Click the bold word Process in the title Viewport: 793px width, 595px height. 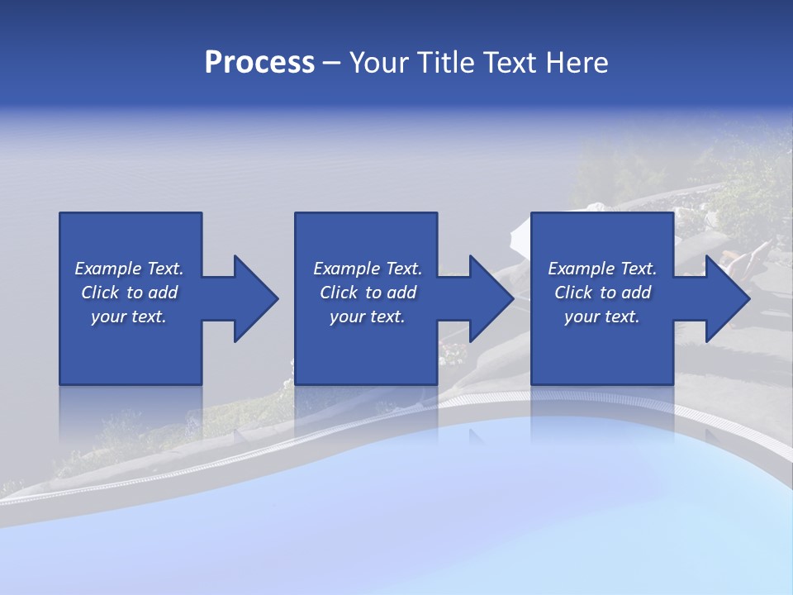[x=259, y=63]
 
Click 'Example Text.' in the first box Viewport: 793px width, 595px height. [x=129, y=269]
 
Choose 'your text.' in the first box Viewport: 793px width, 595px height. [x=129, y=317]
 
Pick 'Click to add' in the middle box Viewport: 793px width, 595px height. [x=368, y=293]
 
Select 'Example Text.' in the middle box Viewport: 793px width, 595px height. [x=368, y=269]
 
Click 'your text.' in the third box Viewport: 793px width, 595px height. [x=602, y=317]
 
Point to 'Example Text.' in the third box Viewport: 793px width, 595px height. [x=602, y=269]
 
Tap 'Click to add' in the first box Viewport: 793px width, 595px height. [x=129, y=293]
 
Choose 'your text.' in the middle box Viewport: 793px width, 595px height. [x=368, y=317]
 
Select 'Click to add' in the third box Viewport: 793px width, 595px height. [x=602, y=293]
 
